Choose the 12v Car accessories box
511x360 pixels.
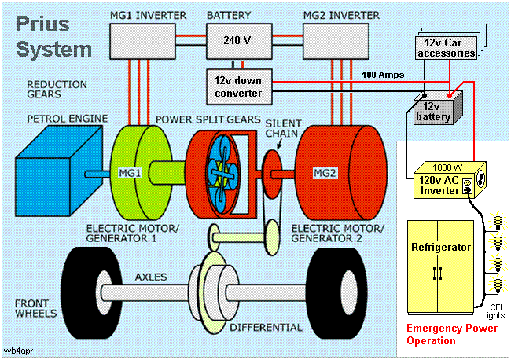446,47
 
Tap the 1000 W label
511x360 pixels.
446,167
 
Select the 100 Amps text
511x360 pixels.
383,75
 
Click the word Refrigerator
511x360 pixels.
440,247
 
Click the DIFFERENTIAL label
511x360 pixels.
267,326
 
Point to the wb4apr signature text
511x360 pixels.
17,347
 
